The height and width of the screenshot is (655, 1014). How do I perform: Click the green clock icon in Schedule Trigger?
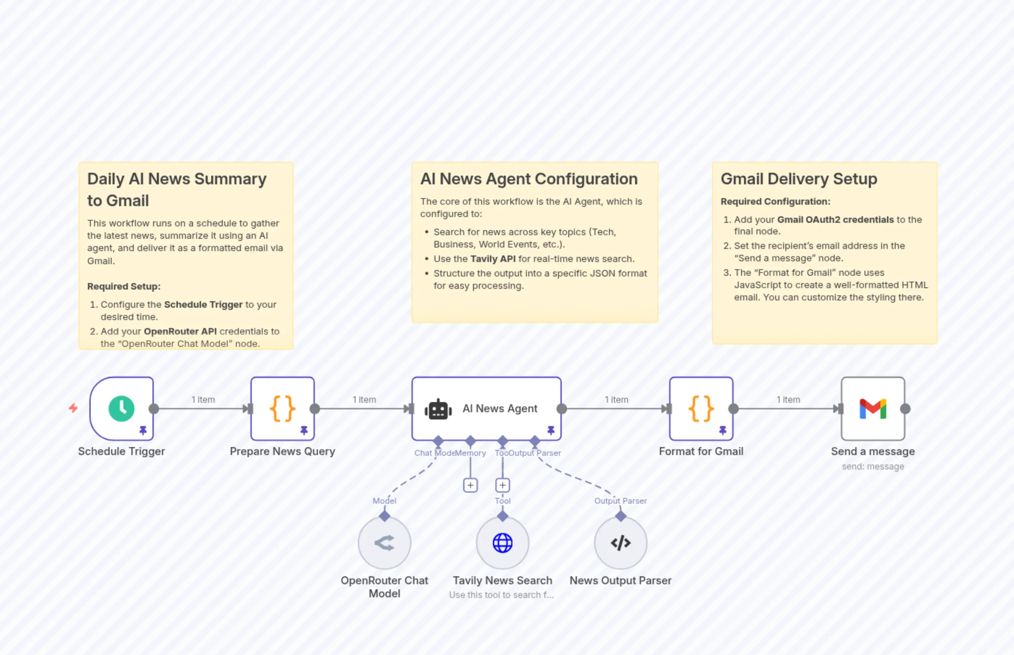[x=122, y=409]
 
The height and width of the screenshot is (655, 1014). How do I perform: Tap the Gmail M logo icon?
[x=873, y=409]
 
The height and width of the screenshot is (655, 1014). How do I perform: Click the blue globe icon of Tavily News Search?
[x=502, y=543]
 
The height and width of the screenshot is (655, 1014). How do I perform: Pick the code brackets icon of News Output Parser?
[x=621, y=543]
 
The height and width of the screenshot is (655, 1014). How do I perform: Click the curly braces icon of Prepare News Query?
[x=282, y=409]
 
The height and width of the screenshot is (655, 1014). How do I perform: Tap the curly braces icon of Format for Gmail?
[x=701, y=409]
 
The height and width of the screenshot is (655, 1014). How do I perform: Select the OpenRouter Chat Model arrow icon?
[x=384, y=543]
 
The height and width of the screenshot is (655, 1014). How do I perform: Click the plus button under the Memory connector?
[x=470, y=485]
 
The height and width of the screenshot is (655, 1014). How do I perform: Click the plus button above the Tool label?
[x=502, y=485]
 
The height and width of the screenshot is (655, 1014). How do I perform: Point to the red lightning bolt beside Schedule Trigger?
[x=73, y=408]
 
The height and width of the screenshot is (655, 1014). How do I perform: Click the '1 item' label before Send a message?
[x=788, y=400]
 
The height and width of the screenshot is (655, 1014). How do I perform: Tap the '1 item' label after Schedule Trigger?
[x=203, y=400]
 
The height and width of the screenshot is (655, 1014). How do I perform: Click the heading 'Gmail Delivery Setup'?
[x=799, y=179]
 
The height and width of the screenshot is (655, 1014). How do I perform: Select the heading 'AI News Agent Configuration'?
[x=529, y=179]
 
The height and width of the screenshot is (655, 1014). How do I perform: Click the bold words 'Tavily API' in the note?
[x=492, y=259]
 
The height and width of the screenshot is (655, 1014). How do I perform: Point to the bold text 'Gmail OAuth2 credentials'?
[x=835, y=220]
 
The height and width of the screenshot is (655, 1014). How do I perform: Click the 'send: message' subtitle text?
[x=873, y=467]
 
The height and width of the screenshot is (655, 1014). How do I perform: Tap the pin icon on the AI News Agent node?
[x=551, y=430]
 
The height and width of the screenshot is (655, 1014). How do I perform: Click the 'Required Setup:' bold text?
[x=124, y=287]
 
